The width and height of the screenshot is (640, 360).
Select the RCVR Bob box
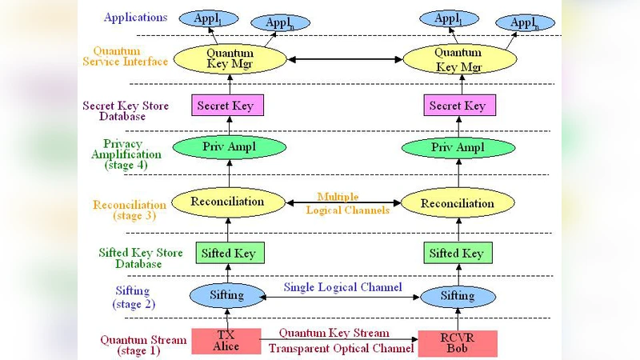coord(458,342)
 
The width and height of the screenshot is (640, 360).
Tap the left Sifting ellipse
coord(227,295)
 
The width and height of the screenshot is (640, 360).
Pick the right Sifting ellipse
coord(458,295)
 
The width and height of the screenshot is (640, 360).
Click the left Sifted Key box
coord(228,253)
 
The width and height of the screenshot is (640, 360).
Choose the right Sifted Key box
coord(456,253)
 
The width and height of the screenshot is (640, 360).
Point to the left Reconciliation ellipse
coord(228,202)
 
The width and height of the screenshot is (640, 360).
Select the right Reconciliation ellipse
coord(457,203)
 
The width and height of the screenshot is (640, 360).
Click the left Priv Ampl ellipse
coord(229,148)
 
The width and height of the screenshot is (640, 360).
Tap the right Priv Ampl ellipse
coord(457,149)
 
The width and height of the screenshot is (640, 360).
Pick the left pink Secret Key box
coord(228,106)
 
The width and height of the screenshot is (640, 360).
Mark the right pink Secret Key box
coord(457,106)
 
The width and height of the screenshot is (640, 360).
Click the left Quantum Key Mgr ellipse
coord(230,59)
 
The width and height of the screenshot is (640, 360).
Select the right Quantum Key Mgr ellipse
coord(458,58)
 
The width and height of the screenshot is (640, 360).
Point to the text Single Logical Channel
coord(342,287)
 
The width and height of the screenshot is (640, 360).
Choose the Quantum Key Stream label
coord(339,333)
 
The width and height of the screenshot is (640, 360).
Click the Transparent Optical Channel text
coord(341,349)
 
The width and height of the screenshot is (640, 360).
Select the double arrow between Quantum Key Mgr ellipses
coord(343,59)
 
